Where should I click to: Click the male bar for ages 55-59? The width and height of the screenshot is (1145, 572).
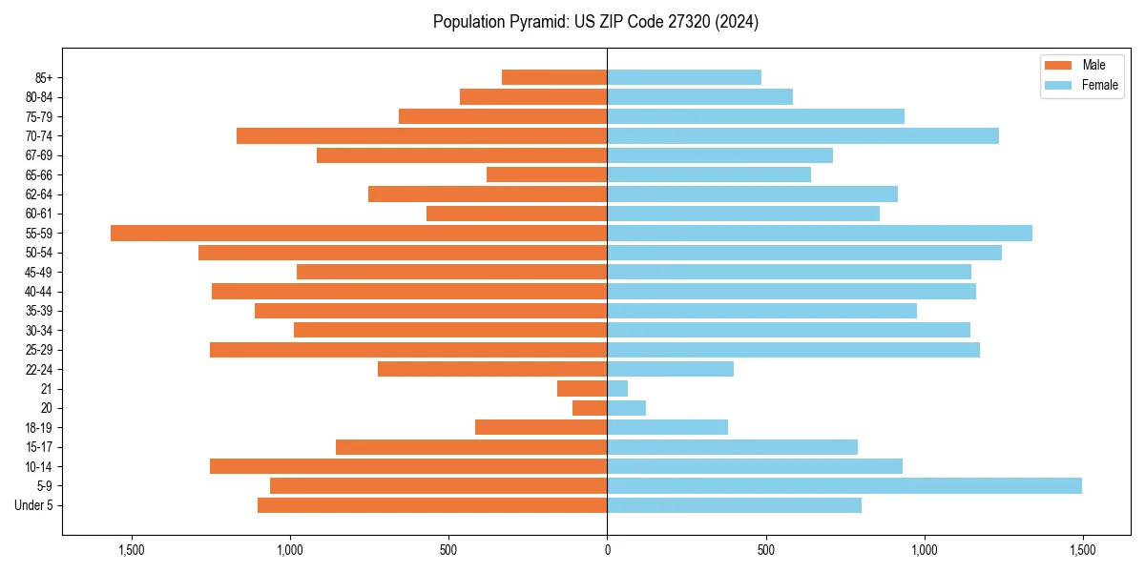359,233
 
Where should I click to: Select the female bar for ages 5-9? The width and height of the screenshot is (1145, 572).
844,485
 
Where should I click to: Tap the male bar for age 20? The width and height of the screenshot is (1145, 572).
590,408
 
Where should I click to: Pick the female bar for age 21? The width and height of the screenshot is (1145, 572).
617,388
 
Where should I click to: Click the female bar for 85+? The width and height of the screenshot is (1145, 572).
684,77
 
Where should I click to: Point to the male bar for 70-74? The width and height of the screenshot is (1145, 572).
422,135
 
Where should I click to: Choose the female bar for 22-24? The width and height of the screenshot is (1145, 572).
670,369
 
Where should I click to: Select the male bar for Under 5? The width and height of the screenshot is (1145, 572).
432,505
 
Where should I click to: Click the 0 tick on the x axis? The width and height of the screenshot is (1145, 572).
607,550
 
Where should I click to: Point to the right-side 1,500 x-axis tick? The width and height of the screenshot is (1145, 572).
1082,550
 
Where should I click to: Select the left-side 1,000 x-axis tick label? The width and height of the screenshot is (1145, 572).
289,550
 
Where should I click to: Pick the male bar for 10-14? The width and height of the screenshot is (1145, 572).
408,466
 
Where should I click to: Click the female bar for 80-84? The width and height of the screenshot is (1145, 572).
699,96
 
